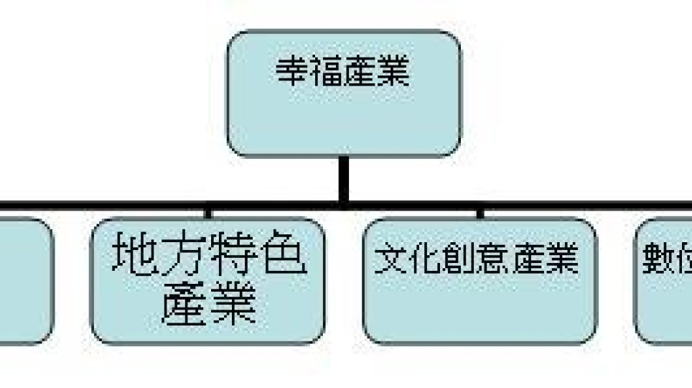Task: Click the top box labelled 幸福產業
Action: click(343, 93)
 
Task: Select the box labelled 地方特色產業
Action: click(207, 280)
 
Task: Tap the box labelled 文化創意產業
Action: click(480, 280)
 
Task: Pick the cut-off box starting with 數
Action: click(664, 280)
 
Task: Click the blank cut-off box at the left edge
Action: click(25, 280)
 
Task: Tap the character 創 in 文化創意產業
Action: click(462, 258)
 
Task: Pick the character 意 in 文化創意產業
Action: click(497, 258)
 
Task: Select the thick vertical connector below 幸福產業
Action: click(344, 180)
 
